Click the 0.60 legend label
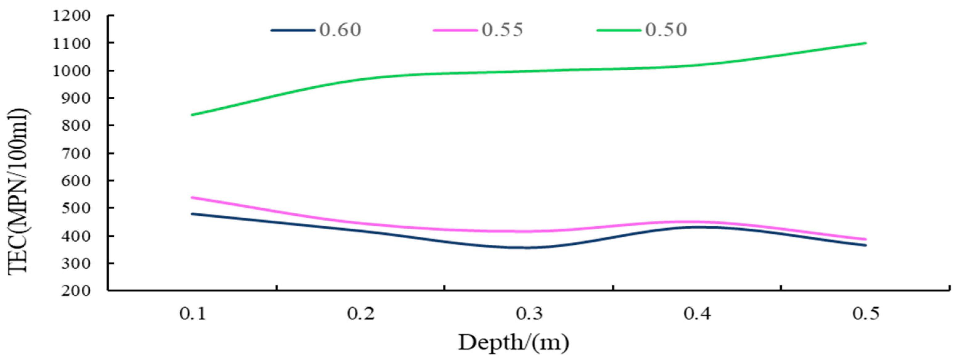coord(340,30)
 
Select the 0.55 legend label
coord(502,30)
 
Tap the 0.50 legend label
coord(666,30)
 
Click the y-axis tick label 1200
coord(72,16)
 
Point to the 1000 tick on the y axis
coord(72,71)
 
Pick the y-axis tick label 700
coord(76,153)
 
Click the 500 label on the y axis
coord(76,208)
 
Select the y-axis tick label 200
coord(76,291)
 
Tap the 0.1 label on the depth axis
coord(193,314)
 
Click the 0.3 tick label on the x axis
coord(529,314)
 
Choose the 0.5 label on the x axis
coord(865,314)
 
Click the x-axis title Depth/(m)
coord(513,342)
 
